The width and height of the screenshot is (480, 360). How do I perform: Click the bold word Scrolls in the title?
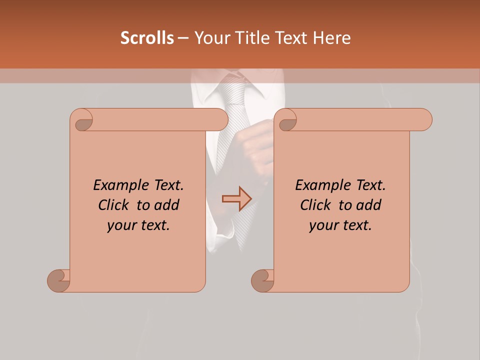147,38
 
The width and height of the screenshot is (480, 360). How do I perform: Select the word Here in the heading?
332,38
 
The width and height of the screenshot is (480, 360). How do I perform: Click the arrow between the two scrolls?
237,199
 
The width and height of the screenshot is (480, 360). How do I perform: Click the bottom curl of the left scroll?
58,280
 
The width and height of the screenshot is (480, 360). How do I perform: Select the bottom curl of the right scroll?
262,280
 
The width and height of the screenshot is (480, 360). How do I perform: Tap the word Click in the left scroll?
112,205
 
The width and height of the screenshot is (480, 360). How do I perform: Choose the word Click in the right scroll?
314,205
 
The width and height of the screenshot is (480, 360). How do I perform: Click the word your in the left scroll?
121,225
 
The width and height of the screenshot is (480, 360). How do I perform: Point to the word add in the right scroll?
368,205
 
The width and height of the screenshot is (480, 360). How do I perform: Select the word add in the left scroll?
166,205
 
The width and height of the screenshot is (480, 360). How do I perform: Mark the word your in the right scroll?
323,225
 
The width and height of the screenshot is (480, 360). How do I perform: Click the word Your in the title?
209,38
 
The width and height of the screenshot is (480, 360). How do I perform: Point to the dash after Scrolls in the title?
183,38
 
